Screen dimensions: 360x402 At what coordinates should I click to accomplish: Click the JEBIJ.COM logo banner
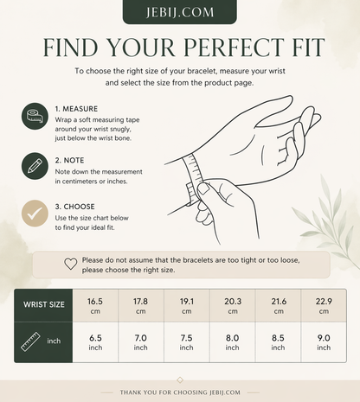click(x=180, y=12)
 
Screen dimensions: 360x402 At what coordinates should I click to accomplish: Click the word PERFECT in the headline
click(x=235, y=47)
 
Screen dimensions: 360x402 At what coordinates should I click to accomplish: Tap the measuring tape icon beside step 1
click(x=35, y=116)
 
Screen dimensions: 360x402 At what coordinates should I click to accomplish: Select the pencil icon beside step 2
click(x=35, y=166)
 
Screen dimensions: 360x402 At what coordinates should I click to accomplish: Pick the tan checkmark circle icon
click(x=35, y=214)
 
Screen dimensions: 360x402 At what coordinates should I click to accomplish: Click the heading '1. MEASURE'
click(x=76, y=109)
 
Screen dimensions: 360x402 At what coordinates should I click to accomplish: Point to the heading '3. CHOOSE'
click(x=75, y=207)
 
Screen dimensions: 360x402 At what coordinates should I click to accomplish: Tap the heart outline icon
click(x=71, y=264)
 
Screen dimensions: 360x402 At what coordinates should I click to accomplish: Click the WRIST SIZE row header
click(x=43, y=305)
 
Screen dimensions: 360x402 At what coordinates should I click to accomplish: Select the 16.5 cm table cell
click(x=95, y=305)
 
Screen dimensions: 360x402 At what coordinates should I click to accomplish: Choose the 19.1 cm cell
click(x=187, y=305)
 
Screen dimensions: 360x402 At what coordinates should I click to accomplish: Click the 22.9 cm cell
click(x=324, y=305)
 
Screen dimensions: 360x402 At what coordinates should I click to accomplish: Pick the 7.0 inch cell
click(x=141, y=342)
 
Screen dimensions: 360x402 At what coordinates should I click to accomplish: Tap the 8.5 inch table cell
click(x=278, y=342)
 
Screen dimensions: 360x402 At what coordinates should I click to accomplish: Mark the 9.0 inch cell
click(x=324, y=342)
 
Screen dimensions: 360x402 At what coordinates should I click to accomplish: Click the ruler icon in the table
click(x=30, y=341)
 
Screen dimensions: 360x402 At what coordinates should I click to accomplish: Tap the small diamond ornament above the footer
click(x=180, y=380)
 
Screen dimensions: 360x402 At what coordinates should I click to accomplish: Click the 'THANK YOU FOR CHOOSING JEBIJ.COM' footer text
click(x=180, y=392)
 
